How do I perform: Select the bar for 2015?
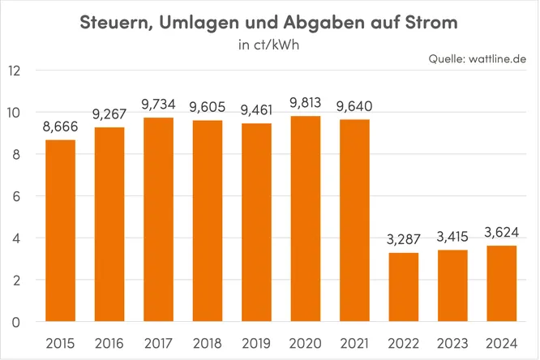60,231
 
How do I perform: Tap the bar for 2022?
403,287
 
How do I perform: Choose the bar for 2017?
158,220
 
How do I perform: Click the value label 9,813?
305,104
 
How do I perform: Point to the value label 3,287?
403,240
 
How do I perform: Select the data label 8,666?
60,127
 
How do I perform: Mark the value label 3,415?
452,238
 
